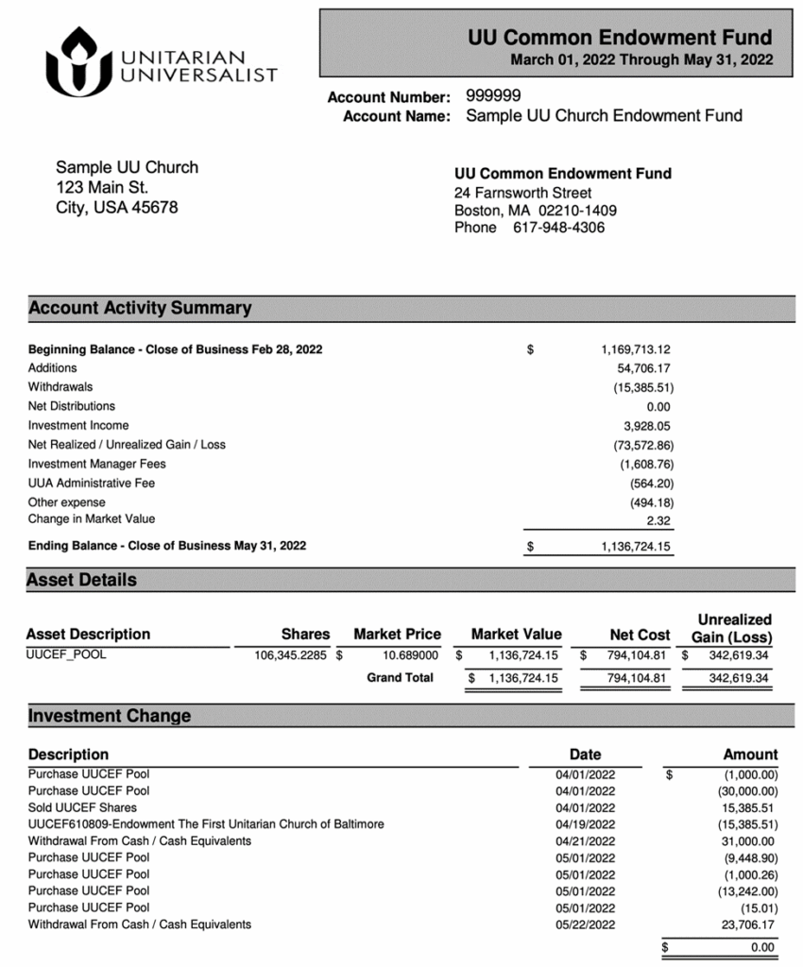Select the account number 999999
click(493, 96)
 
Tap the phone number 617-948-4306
click(558, 228)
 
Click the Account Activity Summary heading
click(141, 308)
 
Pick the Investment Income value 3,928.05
click(646, 426)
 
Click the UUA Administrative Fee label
click(91, 483)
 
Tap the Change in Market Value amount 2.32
click(659, 519)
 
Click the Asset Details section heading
click(82, 580)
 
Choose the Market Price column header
click(397, 635)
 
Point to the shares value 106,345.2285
click(293, 653)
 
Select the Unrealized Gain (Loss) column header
click(734, 627)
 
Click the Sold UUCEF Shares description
click(82, 807)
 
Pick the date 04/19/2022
click(585, 824)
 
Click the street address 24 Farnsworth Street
click(523, 193)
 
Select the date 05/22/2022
click(585, 925)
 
